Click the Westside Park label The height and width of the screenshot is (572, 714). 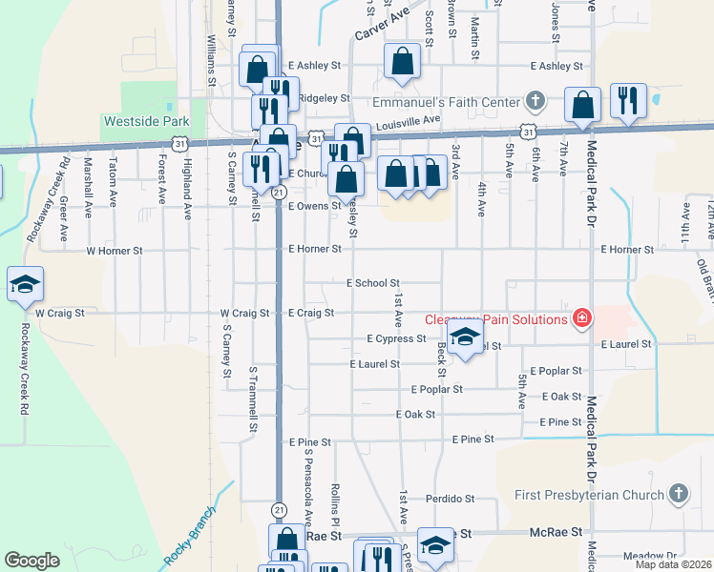pos(146,121)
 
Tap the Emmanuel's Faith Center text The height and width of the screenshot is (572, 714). pos(446,101)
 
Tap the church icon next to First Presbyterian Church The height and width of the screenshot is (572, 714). pos(678,494)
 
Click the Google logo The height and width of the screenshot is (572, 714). pos(31,561)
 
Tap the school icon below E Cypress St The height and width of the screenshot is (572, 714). pos(465,338)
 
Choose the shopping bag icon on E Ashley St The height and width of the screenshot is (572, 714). pos(402,61)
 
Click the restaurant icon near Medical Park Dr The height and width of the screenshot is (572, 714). pos(626,103)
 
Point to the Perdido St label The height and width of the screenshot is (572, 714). pos(451,499)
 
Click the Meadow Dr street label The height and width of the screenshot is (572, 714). pos(649,555)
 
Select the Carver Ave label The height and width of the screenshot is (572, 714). pos(382,22)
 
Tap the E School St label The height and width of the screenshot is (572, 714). pos(372,283)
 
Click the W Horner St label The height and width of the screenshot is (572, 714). pos(114,251)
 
